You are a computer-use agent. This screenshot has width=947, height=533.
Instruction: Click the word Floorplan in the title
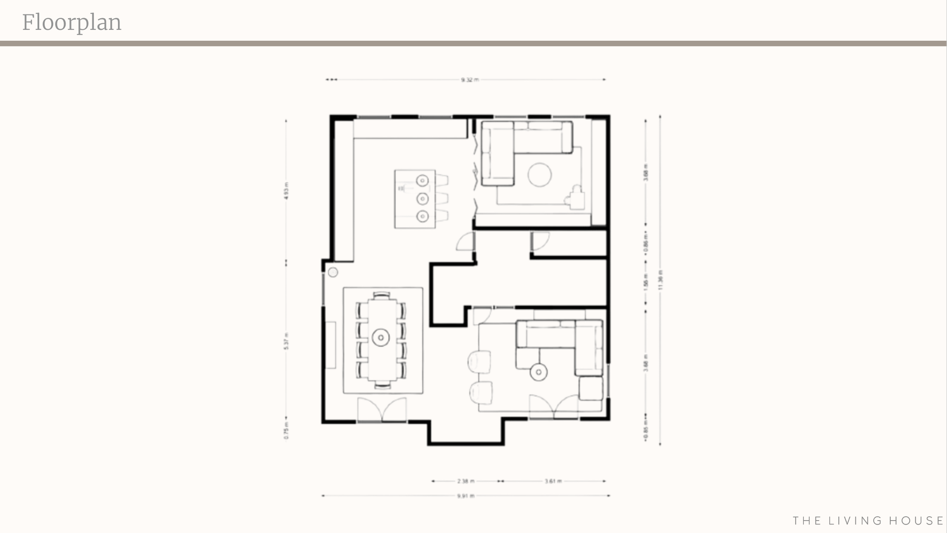click(72, 22)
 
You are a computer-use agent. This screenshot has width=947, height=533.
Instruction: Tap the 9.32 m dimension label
click(470, 80)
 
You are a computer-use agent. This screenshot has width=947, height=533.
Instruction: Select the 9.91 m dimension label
click(466, 496)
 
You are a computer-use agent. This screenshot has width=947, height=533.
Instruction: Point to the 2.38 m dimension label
click(466, 481)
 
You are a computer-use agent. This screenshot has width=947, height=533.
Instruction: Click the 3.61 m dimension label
click(553, 481)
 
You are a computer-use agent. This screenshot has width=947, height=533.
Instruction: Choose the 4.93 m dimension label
click(286, 191)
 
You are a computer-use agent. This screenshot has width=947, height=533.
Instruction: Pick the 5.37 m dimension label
click(286, 341)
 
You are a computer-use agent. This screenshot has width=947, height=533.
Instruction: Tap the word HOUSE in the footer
click(916, 521)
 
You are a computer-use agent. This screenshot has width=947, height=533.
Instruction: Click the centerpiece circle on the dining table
click(381, 337)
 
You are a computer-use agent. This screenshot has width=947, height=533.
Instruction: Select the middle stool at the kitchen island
click(442, 199)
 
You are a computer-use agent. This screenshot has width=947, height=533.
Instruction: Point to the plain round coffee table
click(539, 175)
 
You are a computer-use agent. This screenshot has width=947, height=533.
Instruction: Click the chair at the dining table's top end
click(382, 296)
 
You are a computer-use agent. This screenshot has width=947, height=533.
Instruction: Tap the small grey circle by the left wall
click(333, 272)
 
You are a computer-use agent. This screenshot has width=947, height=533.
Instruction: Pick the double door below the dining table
click(382, 410)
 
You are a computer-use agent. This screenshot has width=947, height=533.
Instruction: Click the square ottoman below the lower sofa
click(590, 388)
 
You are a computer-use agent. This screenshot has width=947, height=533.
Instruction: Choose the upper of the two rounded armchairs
click(480, 362)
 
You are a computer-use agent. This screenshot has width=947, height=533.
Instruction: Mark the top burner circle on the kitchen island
click(422, 180)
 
